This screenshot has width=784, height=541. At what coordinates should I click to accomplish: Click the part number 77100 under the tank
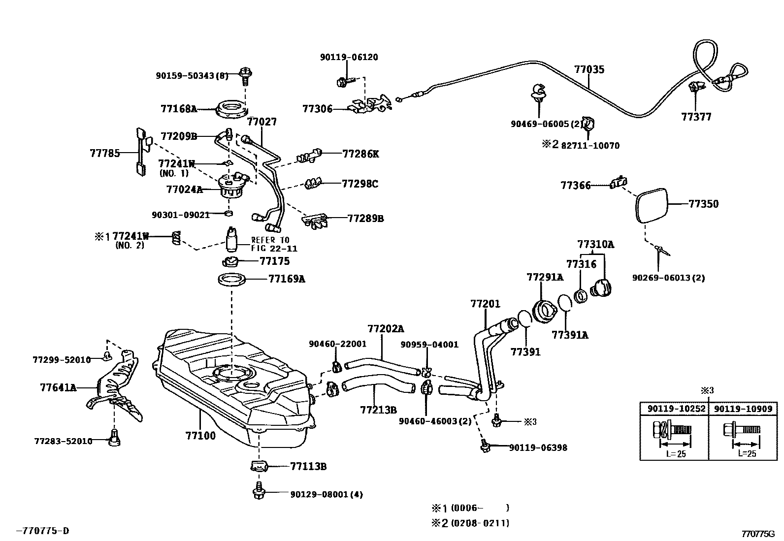point(200,435)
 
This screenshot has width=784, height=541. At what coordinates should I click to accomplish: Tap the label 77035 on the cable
point(589,69)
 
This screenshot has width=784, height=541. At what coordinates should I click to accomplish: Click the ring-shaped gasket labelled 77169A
point(232,279)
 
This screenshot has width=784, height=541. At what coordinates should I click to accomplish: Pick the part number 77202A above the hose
point(386,328)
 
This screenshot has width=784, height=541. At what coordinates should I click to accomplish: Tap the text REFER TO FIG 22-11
point(274,244)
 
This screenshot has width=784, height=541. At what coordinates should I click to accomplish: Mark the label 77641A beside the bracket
point(58,387)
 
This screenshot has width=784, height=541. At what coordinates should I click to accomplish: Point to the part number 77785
point(105,153)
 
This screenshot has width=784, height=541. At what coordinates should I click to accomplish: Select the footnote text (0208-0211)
point(481,523)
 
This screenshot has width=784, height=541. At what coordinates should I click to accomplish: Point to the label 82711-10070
point(590,146)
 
